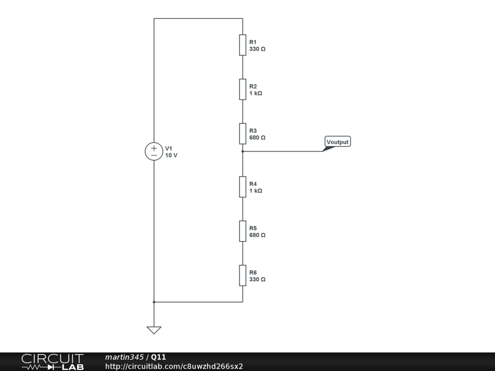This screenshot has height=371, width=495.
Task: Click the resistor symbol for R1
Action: (243, 45)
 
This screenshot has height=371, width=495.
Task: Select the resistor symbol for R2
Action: (243, 89)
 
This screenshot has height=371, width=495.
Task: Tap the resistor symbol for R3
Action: (243, 134)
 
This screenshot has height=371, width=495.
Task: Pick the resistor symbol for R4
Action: (243, 187)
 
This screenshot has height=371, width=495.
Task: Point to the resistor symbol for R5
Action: (243, 231)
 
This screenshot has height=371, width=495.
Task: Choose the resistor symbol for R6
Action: (243, 275)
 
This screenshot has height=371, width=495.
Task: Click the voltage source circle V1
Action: (154, 151)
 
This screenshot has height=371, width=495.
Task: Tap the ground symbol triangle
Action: (154, 330)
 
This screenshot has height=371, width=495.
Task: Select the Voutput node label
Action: (337, 142)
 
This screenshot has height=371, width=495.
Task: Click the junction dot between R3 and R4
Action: (243, 151)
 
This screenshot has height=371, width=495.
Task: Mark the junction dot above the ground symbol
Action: (154, 302)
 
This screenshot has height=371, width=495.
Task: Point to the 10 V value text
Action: (171, 156)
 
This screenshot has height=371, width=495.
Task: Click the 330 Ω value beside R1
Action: (257, 49)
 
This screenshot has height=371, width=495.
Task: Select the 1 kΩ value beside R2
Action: (256, 93)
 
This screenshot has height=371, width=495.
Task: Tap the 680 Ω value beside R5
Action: (257, 235)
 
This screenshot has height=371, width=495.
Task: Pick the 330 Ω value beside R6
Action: (257, 279)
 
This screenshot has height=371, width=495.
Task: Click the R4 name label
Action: (253, 184)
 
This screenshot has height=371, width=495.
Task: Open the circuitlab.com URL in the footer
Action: (174, 366)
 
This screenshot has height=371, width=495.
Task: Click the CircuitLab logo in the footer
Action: (52, 362)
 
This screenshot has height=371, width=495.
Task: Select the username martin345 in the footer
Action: (124, 357)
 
